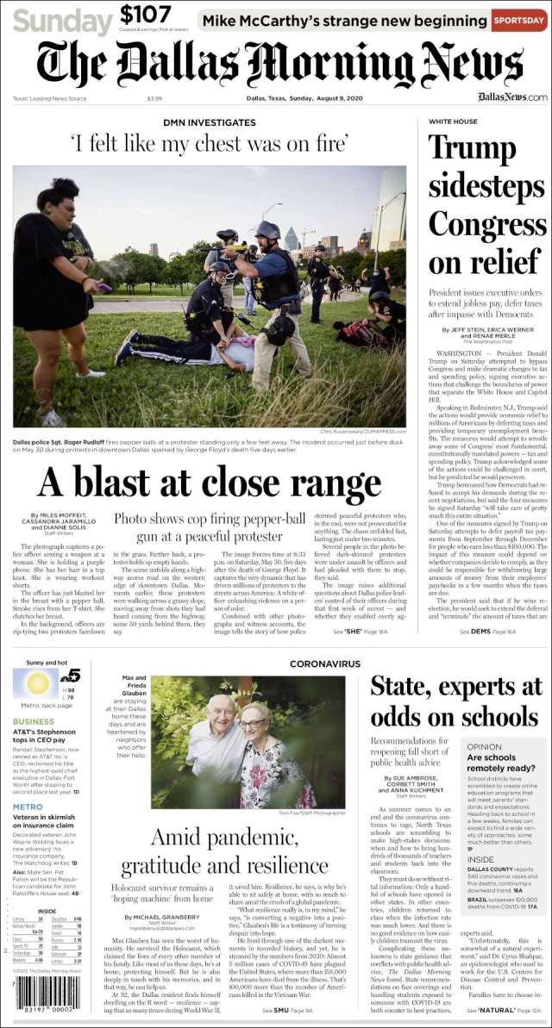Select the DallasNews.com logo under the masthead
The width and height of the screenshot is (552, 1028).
512,97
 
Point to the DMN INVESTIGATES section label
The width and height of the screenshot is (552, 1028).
209,123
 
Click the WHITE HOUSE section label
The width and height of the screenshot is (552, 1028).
453,122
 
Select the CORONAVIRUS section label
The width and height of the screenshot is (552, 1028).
324,664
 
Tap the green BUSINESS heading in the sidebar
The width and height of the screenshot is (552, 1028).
34,721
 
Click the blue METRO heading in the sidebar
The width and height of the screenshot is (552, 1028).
28,807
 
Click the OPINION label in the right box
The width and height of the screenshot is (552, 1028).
484,747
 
